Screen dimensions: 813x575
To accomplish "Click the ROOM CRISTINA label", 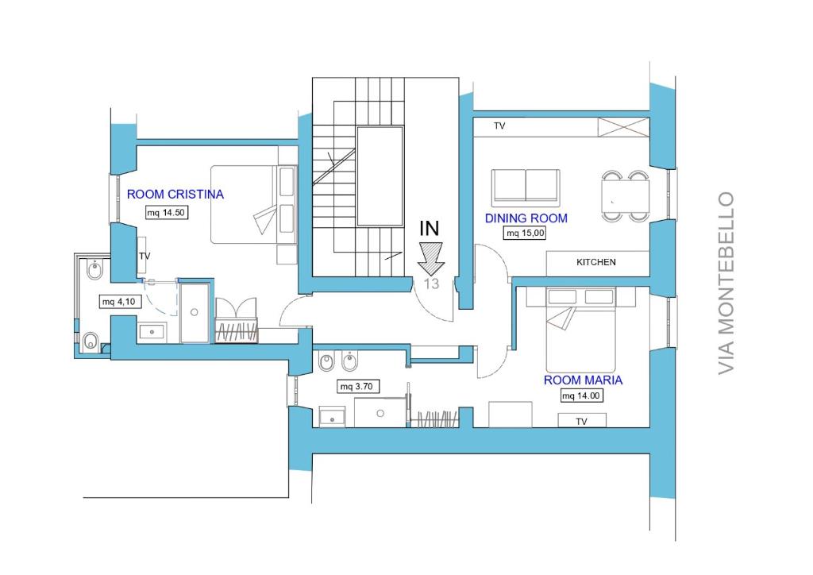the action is click(175, 195).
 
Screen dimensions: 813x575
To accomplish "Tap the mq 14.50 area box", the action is click(166, 213).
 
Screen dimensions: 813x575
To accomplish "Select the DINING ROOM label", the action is click(526, 218).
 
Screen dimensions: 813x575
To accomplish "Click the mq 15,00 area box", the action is click(525, 233).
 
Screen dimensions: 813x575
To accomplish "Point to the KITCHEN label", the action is click(596, 262).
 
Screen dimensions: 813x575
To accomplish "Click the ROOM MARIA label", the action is click(583, 380).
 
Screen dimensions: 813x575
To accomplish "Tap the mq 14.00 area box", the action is click(581, 396).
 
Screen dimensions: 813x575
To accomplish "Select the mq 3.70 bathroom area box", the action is click(357, 386).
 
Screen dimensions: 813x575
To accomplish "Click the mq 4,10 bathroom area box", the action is click(119, 302).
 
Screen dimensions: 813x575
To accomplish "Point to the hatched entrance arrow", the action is click(431, 257).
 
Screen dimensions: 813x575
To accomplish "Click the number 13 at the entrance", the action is click(431, 284).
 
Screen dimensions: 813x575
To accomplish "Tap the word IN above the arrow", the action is click(430, 228).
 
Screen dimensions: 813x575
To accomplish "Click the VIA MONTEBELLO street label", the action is click(726, 283).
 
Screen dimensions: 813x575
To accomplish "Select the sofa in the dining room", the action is click(526, 186).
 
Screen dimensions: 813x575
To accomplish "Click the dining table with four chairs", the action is click(626, 196).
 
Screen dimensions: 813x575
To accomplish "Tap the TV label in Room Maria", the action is click(581, 422).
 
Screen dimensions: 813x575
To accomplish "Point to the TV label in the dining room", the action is click(499, 125).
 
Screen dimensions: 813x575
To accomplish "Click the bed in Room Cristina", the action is click(253, 204).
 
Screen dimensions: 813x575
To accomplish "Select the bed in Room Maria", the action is click(580, 330).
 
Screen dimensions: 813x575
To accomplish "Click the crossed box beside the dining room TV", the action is click(624, 127).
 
